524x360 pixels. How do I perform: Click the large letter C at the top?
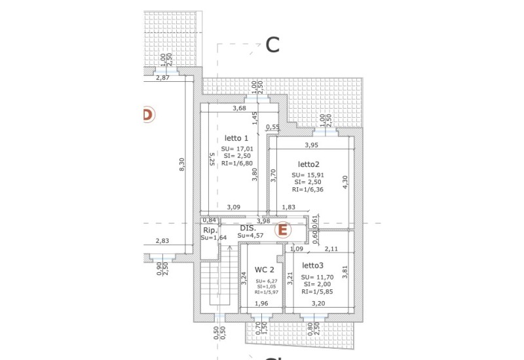pyautogui.click(x=272, y=45)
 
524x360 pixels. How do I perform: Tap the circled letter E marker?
pyautogui.click(x=282, y=230)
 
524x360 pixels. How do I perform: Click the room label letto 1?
pyautogui.click(x=236, y=138)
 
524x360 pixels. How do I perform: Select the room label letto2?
pyautogui.click(x=309, y=164)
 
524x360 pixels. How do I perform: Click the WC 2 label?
pyautogui.click(x=265, y=269)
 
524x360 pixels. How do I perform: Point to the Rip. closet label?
pyautogui.click(x=210, y=230)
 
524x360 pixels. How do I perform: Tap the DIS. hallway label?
pyautogui.click(x=248, y=228)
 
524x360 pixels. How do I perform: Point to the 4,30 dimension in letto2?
pyautogui.click(x=346, y=182)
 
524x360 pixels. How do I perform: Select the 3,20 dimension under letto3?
pyautogui.click(x=318, y=304)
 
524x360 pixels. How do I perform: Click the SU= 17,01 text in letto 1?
pyautogui.click(x=237, y=149)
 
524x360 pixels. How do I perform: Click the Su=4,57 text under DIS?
pyautogui.click(x=251, y=236)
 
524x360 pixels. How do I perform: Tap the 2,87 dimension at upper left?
pyautogui.click(x=162, y=78)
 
